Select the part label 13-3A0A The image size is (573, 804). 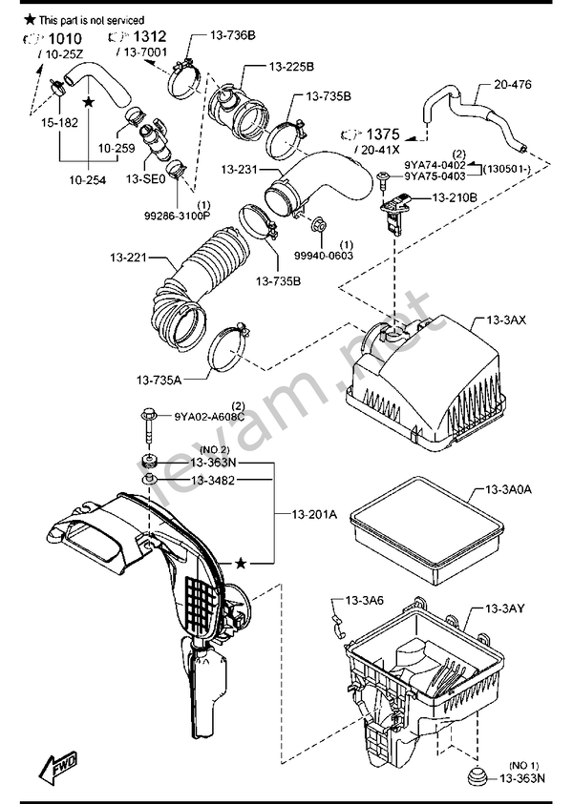click(509, 489)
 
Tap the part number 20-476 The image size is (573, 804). click(513, 84)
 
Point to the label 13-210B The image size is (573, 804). click(455, 197)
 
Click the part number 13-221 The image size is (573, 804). click(128, 257)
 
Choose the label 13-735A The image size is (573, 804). click(159, 380)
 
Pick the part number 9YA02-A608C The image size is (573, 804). click(209, 417)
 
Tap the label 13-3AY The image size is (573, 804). click(505, 608)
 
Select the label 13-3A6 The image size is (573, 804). click(364, 600)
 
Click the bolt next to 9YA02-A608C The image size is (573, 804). click(147, 425)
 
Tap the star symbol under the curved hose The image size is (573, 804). click(89, 102)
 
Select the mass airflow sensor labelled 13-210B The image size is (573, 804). click(393, 212)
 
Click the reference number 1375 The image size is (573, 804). click(383, 134)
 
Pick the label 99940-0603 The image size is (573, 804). click(324, 255)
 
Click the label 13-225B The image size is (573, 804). click(291, 67)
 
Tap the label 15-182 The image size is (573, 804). click(59, 122)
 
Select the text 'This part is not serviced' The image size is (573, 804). click(92, 21)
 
